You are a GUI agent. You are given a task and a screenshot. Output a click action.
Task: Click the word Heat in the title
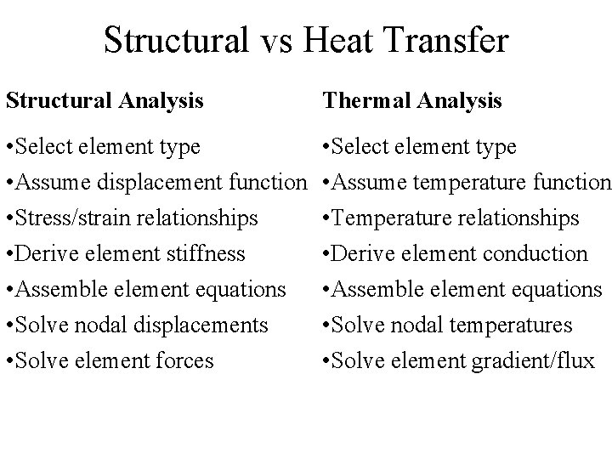pyautogui.click(x=347, y=40)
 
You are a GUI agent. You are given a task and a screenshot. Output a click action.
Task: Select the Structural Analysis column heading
pyautogui.click(x=105, y=101)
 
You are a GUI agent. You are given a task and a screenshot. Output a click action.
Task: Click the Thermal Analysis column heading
pyautogui.click(x=411, y=101)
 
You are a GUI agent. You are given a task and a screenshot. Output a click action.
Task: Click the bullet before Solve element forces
pyautogui.click(x=8, y=360)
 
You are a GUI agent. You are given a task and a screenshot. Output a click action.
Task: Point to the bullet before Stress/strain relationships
pyautogui.click(x=8, y=218)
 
